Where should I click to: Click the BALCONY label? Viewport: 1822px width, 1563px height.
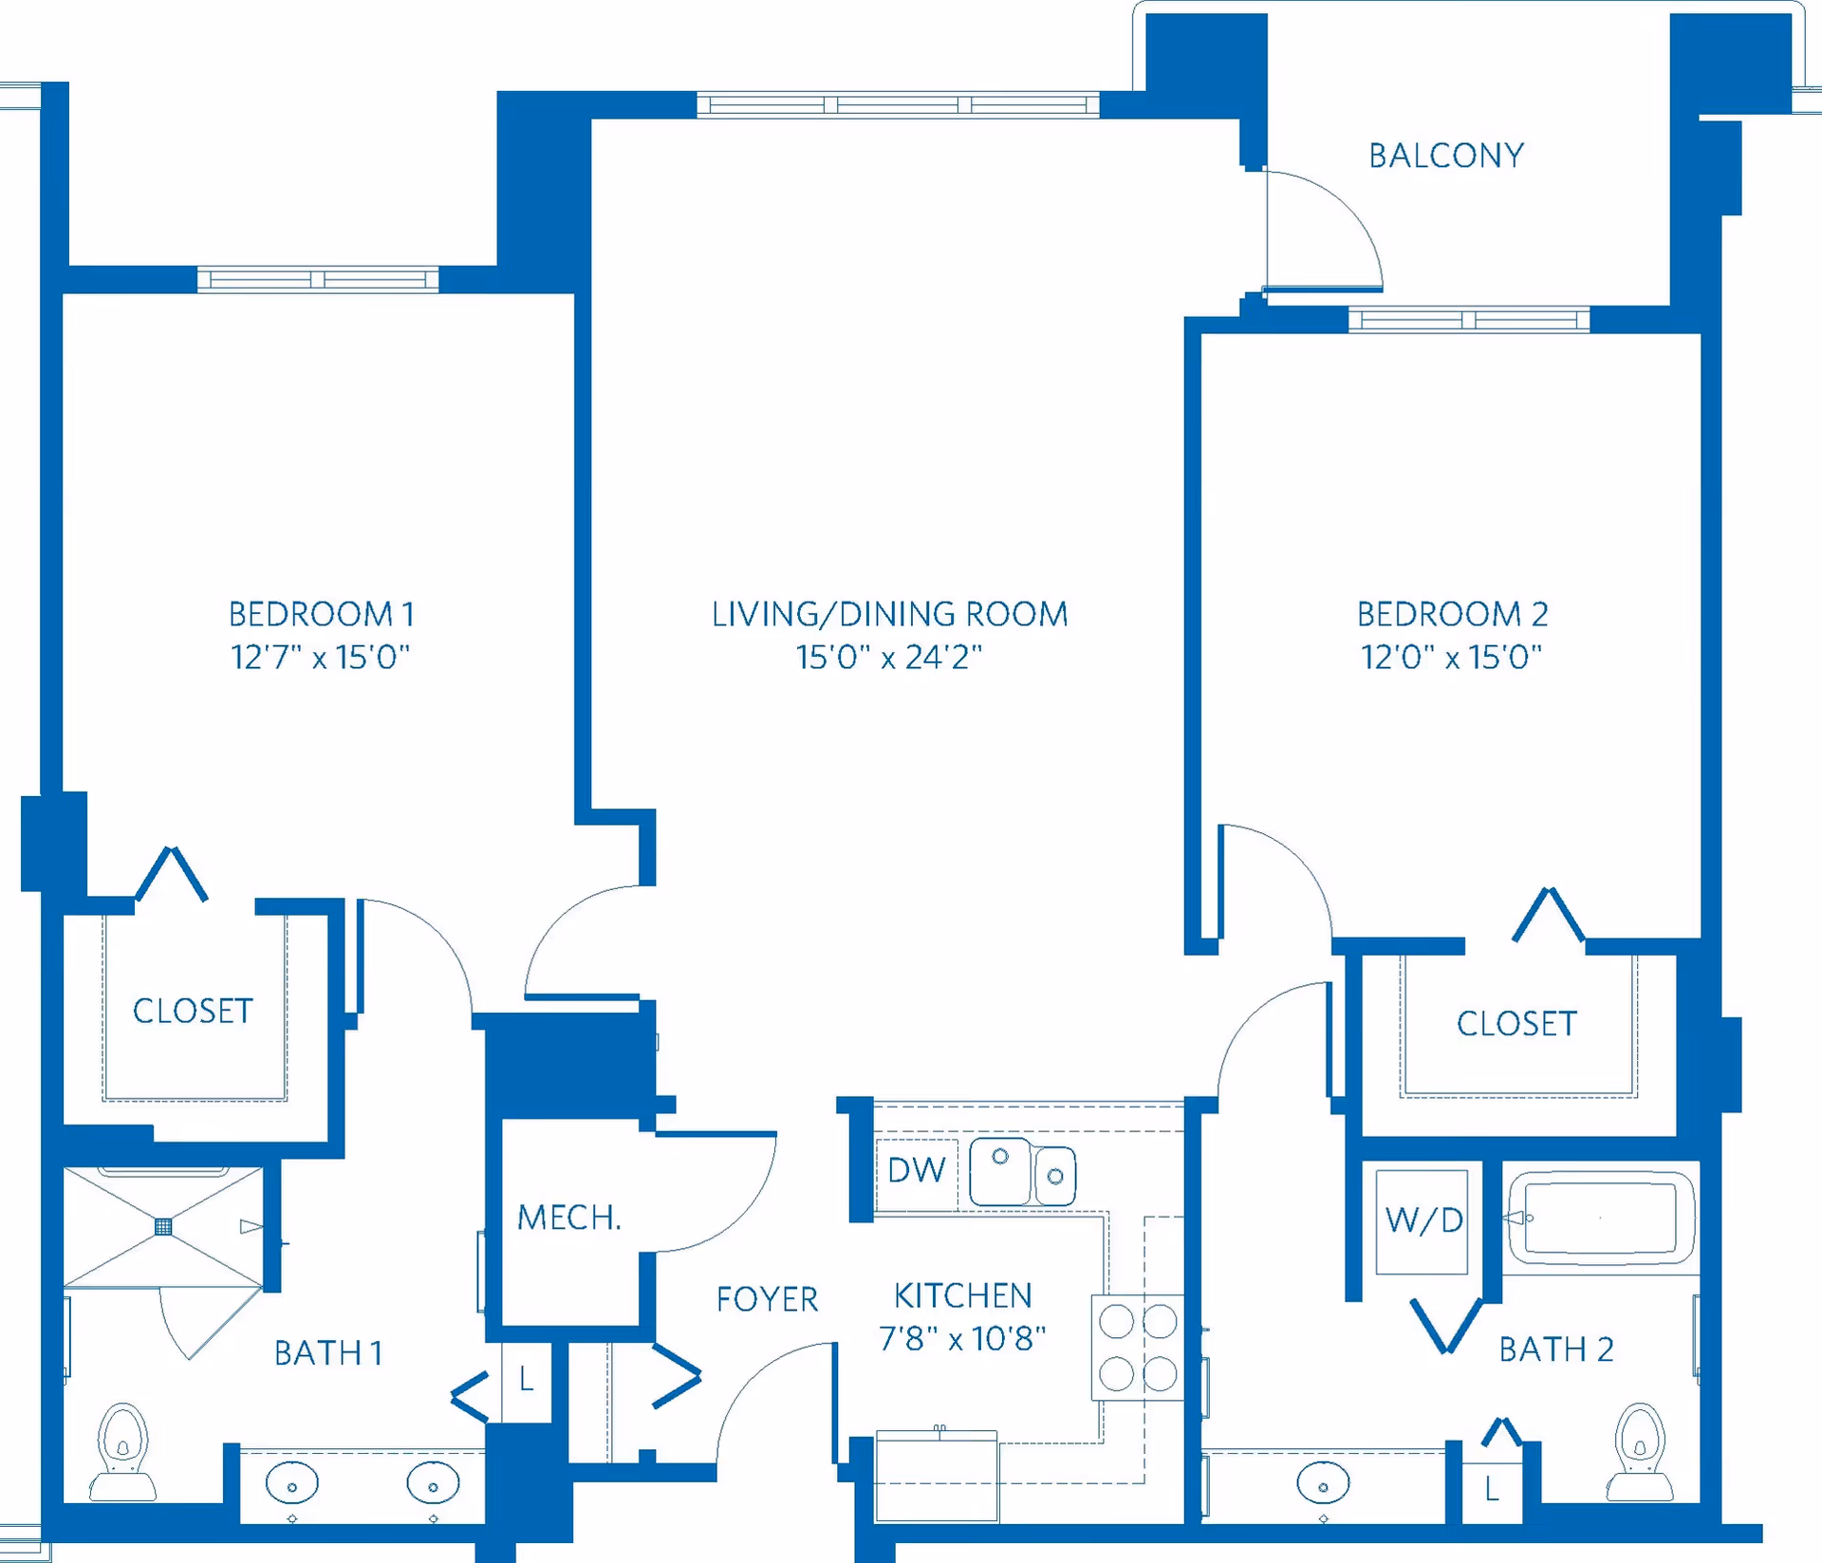(1446, 156)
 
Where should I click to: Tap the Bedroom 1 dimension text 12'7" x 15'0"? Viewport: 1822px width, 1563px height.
(320, 657)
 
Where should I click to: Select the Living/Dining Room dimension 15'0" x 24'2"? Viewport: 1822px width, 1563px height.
(889, 657)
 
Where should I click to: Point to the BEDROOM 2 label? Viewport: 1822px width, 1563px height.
(1452, 614)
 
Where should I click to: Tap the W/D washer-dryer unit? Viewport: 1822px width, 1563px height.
(1422, 1221)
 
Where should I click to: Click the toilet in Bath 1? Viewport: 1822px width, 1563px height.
(122, 1452)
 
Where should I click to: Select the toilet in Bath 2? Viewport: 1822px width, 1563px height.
(1640, 1452)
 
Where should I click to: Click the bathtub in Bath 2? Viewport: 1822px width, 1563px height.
(1601, 1219)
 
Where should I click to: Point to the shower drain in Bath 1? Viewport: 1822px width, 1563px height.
(163, 1227)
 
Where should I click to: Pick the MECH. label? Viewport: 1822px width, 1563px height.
(569, 1218)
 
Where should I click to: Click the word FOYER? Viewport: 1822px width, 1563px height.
(767, 1299)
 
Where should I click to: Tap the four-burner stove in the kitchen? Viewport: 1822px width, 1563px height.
(1138, 1348)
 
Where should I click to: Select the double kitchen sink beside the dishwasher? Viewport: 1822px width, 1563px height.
(1023, 1172)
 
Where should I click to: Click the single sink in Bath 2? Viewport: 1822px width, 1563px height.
(1323, 1484)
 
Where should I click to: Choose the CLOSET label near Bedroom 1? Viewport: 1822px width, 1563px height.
(193, 1012)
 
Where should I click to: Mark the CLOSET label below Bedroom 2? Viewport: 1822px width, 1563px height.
(1516, 1024)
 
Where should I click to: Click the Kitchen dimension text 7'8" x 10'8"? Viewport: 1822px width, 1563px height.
(962, 1338)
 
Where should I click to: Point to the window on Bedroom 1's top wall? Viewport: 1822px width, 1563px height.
(318, 280)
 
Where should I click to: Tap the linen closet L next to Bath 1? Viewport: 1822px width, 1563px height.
(527, 1382)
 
